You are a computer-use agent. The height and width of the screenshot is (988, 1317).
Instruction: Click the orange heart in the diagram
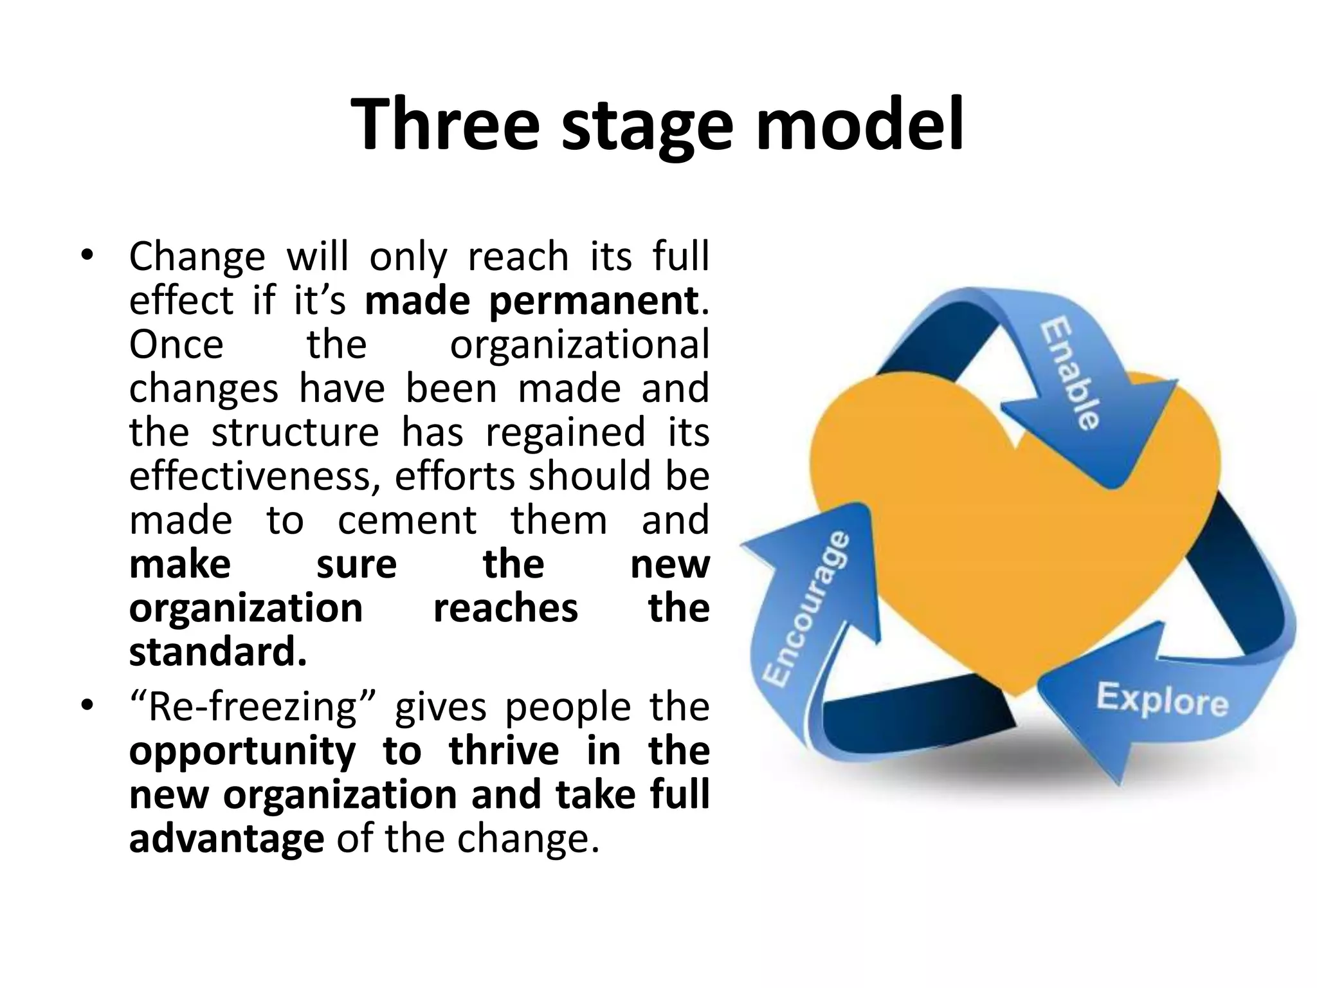tap(1003, 547)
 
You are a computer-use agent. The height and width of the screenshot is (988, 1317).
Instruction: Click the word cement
tap(407, 520)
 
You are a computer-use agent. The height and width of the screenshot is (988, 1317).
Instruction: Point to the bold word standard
tap(217, 652)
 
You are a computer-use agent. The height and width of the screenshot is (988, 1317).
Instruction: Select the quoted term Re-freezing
tap(253, 708)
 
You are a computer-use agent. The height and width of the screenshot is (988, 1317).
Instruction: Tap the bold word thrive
tap(504, 751)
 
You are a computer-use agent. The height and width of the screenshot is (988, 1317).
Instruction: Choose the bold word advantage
tap(226, 840)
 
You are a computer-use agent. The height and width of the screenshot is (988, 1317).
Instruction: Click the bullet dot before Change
tap(87, 257)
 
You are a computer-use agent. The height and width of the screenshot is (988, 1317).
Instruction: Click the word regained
tap(565, 434)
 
